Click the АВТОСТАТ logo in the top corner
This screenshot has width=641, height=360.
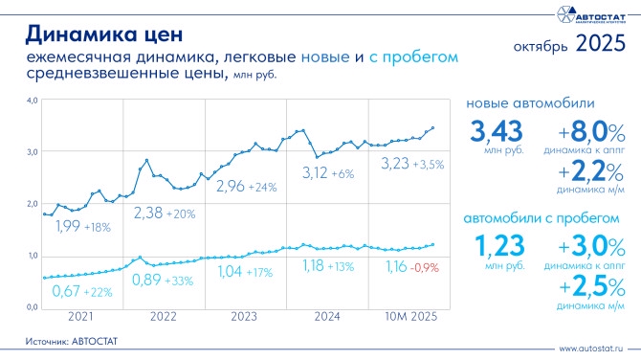click(591, 14)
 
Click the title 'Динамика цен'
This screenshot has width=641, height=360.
click(104, 34)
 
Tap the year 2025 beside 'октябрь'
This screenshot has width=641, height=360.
click(601, 43)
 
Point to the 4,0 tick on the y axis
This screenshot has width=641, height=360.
click(33, 101)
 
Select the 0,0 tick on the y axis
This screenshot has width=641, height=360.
click(33, 307)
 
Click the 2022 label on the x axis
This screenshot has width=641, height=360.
click(163, 317)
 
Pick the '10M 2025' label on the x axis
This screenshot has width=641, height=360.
click(411, 317)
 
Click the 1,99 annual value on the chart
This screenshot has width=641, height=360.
click(68, 226)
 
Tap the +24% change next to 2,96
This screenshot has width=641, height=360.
click(262, 188)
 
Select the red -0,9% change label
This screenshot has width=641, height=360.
click(425, 268)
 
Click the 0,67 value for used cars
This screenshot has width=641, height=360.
click(66, 291)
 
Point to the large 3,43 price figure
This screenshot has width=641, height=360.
click(497, 131)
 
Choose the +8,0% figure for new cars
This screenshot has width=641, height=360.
click(591, 132)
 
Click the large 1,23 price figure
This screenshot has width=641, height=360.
click(499, 246)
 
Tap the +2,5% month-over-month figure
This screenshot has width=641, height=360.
click(592, 287)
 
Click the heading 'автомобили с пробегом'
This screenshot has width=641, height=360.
click(542, 218)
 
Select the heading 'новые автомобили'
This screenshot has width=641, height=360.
click(530, 103)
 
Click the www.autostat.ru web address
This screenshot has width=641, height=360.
click(591, 349)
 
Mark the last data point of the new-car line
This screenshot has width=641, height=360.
click(433, 128)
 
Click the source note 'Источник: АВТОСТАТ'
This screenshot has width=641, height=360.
click(72, 341)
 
